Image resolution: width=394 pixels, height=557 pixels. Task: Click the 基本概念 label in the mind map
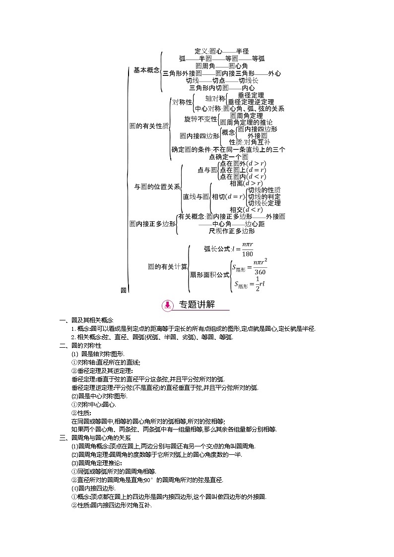(147, 70)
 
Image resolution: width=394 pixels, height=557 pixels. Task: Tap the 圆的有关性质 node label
(149, 126)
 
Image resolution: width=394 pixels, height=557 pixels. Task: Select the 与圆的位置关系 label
(157, 187)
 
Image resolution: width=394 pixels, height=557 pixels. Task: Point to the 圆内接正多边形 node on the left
(152, 224)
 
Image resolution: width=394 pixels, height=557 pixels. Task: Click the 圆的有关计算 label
(167, 266)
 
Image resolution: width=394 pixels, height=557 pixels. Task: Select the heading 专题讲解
(197, 305)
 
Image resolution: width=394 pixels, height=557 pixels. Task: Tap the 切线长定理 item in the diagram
(264, 203)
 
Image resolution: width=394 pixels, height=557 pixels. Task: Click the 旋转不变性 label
(200, 119)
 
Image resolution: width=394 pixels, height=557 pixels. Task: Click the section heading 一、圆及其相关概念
(87, 320)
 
